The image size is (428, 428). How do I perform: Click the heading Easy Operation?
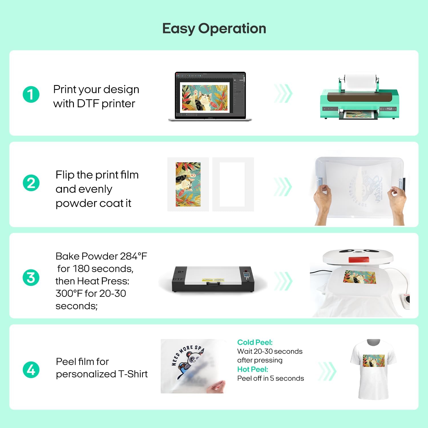tap(214, 29)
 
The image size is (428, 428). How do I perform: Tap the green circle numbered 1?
tap(31, 94)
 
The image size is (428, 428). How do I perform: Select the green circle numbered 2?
tap(31, 183)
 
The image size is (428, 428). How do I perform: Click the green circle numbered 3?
tap(31, 278)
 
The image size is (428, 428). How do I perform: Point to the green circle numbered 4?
tap(31, 370)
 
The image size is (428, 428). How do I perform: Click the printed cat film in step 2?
tap(188, 184)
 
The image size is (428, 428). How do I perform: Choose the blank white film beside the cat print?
tap(233, 184)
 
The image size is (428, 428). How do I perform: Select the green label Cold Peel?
tap(255, 342)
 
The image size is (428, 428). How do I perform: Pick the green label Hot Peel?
tap(253, 369)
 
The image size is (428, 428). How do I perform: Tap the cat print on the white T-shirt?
tap(374, 361)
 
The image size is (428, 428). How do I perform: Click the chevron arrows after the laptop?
tap(283, 94)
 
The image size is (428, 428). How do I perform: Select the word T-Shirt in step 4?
tap(133, 374)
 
